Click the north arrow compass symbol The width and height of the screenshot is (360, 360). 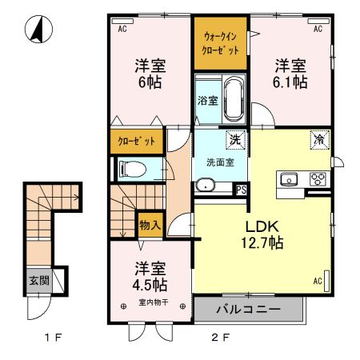tap(38, 30)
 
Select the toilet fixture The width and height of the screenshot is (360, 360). tap(133, 169)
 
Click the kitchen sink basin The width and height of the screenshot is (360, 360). tap(289, 179)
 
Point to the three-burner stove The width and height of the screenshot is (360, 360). tap(318, 179)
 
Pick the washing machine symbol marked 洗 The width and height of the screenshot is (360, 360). tap(236, 139)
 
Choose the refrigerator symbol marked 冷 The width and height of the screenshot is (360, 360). tap(320, 140)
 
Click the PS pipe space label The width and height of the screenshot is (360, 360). tap(241, 190)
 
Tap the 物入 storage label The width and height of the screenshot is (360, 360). tap(150, 226)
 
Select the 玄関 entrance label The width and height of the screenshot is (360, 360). tap(39, 280)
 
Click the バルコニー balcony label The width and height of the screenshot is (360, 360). tap(248, 310)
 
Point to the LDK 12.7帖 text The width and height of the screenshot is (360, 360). tap(262, 234)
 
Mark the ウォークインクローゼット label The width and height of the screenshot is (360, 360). tap(220, 43)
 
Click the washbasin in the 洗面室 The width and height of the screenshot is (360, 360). tap(205, 185)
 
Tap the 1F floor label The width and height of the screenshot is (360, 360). tap(53, 338)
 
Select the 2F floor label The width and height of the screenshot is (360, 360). tap(220, 338)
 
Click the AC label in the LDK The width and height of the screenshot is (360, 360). tap(318, 281)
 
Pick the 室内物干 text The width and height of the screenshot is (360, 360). tap(154, 302)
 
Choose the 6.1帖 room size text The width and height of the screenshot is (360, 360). tap(290, 82)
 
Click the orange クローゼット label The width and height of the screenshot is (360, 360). tap(136, 141)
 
